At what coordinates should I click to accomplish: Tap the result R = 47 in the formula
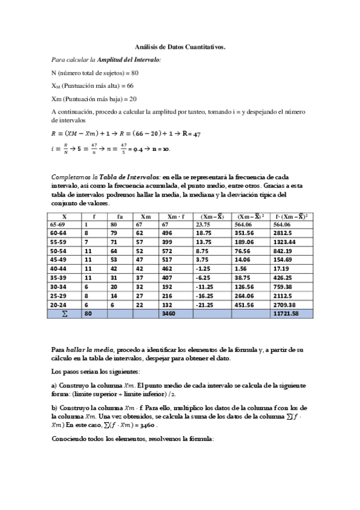pos(191,134)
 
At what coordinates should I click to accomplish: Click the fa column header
pos(120,215)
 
